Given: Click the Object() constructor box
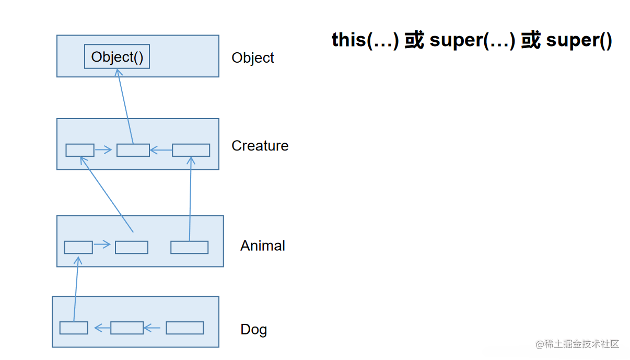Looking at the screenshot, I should point(117,56).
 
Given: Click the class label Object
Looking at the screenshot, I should point(253,57).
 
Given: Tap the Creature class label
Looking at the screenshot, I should point(260,145).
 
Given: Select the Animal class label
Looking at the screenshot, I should point(262,246).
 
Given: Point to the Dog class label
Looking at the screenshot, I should point(253,329).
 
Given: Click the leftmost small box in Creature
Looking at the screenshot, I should point(80,150).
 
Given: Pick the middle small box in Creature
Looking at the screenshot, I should point(133,150).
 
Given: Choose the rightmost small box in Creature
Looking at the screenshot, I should point(191,150).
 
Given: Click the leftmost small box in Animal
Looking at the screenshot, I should point(78,247).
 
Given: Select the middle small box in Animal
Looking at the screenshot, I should point(131,247).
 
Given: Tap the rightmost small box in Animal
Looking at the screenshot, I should point(189,247).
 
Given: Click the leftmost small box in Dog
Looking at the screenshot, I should point(74,328).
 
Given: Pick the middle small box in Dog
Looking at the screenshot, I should point(127,328).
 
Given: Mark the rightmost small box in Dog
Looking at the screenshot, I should point(184,328).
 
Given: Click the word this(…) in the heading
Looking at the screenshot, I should point(365,40).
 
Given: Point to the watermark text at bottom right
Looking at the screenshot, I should point(577,344).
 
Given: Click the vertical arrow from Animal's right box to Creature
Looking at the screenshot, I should point(190,199).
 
